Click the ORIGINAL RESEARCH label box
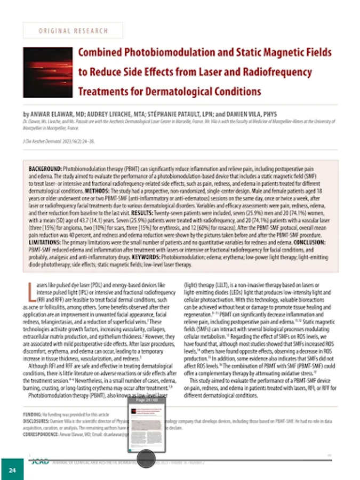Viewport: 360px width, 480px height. tap(73, 30)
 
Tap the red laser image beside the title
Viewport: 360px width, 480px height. tap(47, 73)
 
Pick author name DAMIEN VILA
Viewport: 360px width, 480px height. tap(255, 114)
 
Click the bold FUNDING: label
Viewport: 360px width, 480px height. tap(32, 414)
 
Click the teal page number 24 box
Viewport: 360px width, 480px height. tap(12, 469)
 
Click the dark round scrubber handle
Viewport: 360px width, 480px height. tap(146, 459)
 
